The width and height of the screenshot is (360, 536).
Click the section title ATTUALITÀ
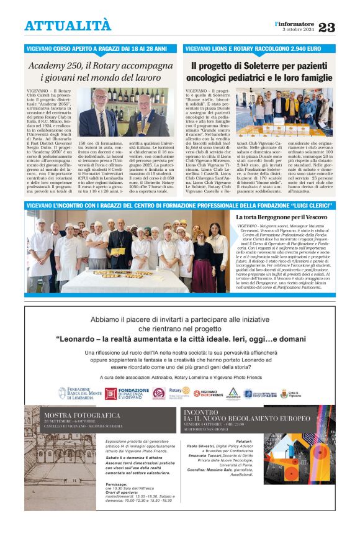pos(68,26)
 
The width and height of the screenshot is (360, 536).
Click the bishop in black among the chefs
pos(120,249)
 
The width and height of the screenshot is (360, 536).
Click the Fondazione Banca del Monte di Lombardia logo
pos(78,393)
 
